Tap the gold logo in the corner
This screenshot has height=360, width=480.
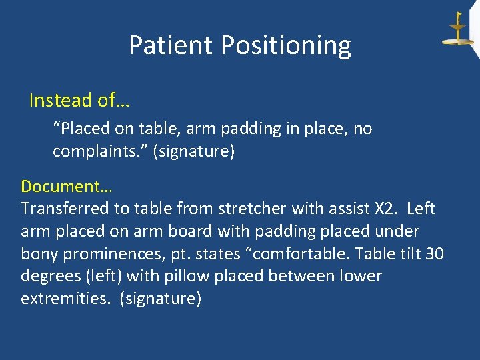coord(457,30)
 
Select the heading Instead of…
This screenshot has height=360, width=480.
coord(79,101)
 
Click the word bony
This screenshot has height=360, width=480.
coord(39,254)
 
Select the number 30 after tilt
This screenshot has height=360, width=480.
coord(434,254)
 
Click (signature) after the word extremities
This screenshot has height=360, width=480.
coord(160,299)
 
